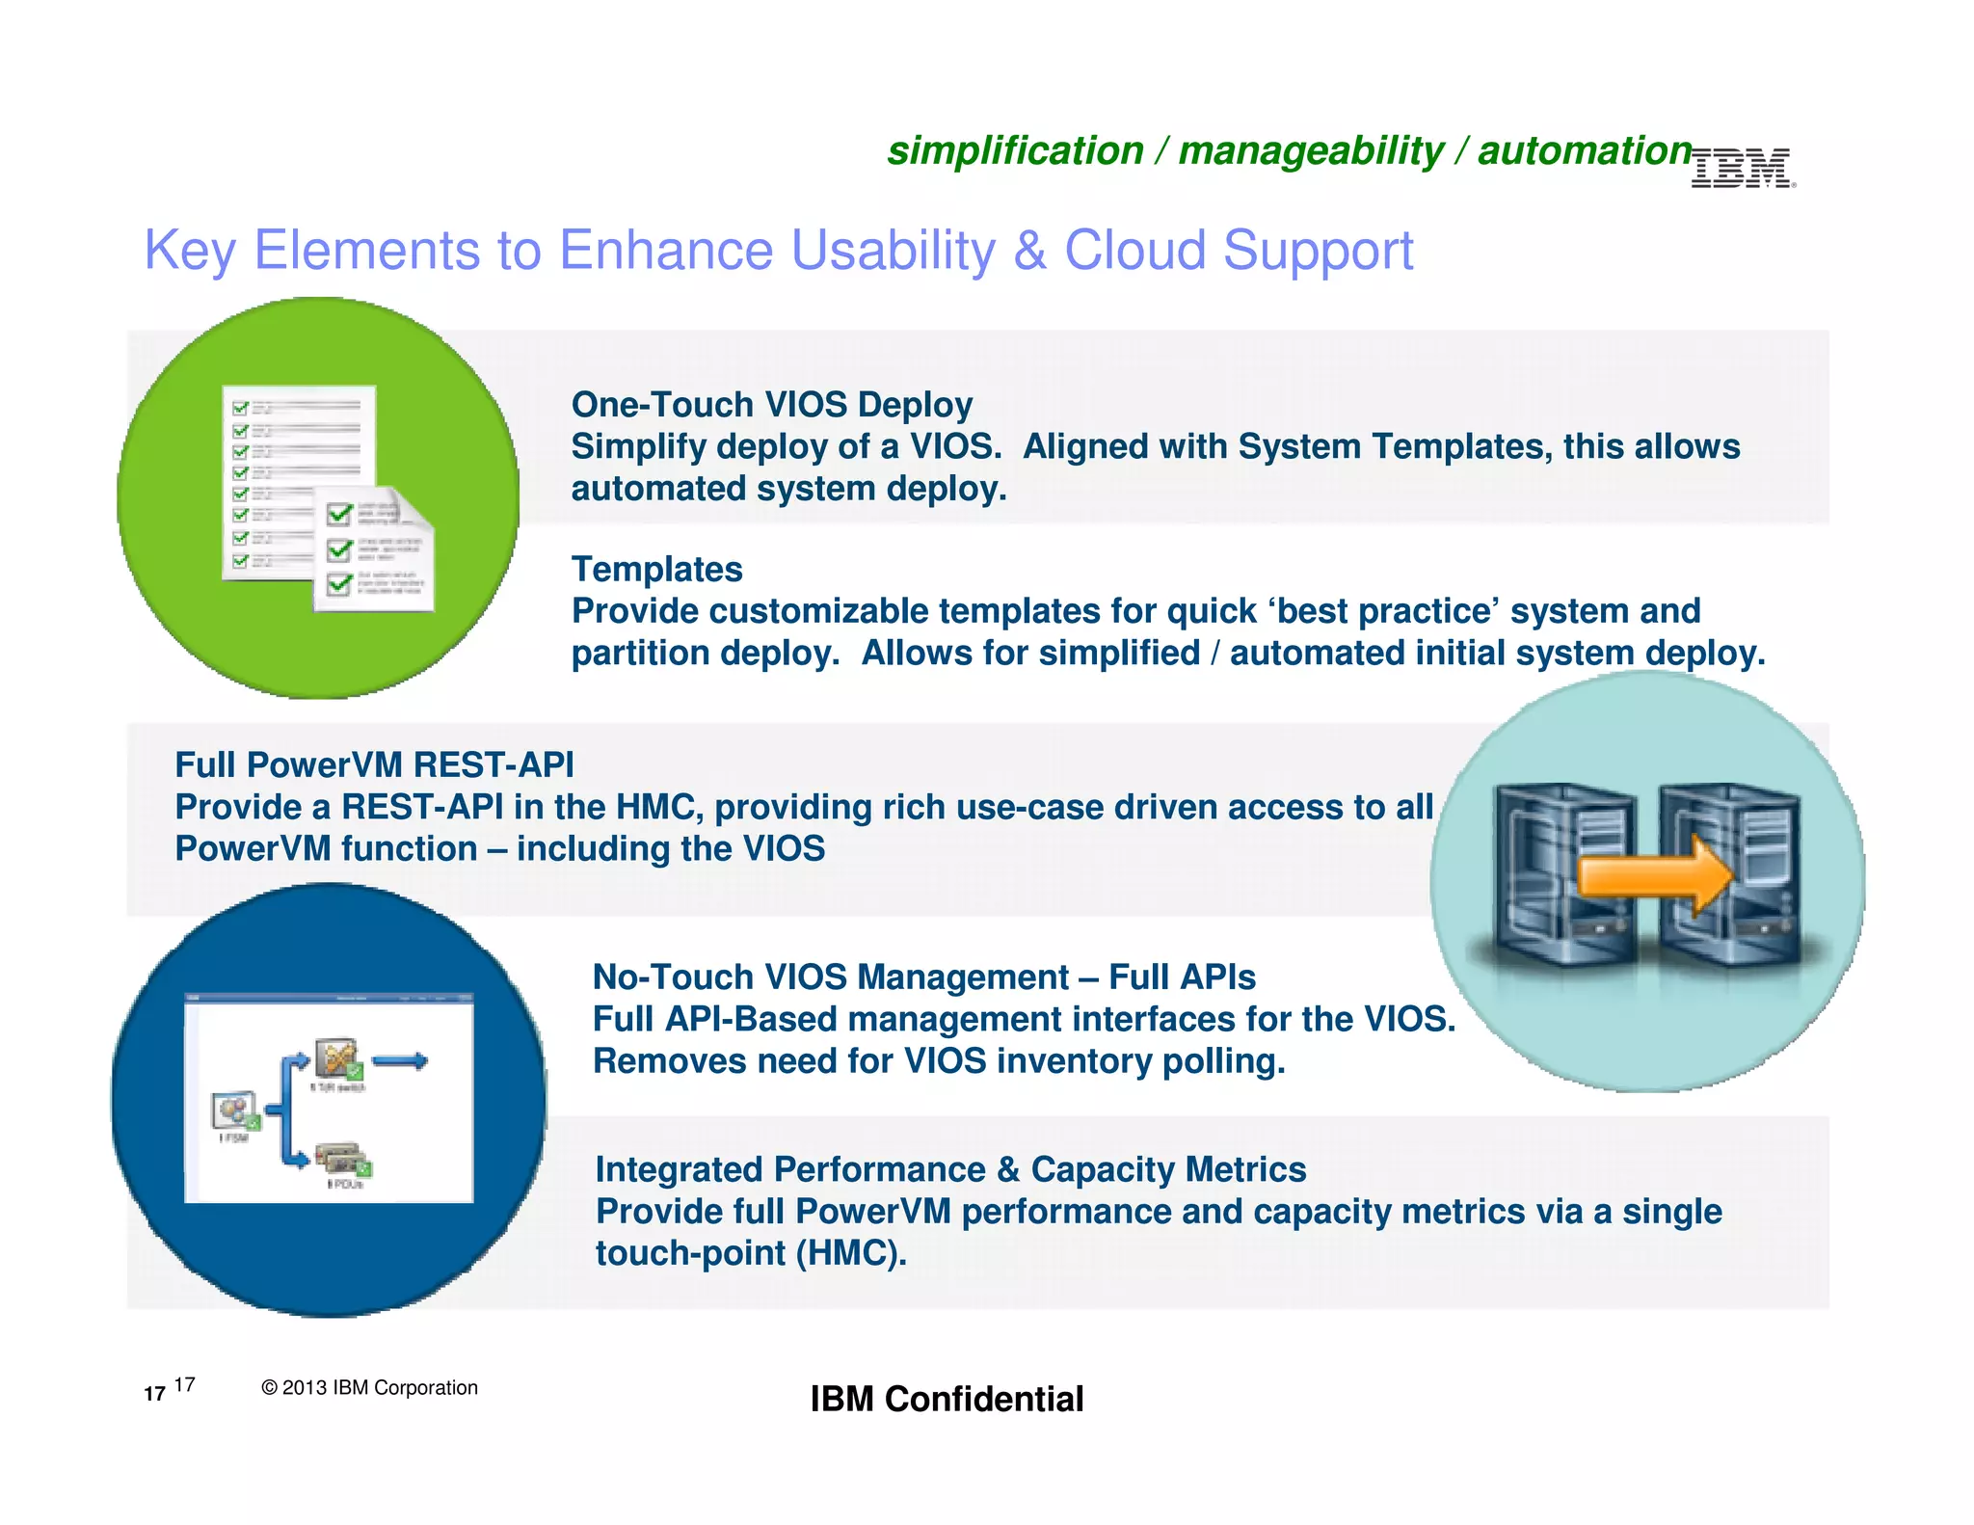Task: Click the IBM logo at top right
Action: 1743,169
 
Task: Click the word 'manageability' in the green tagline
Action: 1310,151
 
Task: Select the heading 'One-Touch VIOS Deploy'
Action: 771,405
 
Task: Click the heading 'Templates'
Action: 656,569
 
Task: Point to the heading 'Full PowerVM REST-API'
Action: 374,764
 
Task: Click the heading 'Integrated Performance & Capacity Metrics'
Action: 950,1169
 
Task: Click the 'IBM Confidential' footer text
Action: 947,1399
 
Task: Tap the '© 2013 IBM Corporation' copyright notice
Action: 369,1387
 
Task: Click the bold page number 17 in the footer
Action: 154,1394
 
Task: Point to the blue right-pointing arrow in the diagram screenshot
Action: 400,1061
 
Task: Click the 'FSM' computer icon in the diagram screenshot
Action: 235,1110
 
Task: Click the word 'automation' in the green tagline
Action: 1585,151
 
